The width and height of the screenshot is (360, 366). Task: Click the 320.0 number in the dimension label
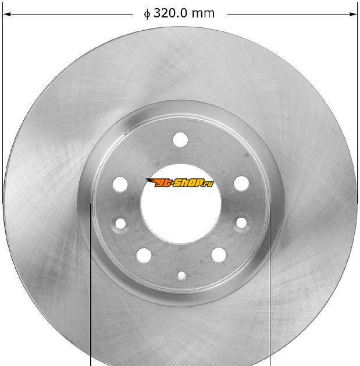click(170, 13)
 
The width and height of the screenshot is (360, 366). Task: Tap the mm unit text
click(203, 14)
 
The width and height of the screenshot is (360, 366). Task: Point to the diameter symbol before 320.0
click(147, 14)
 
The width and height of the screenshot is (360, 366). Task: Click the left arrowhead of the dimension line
click(7, 15)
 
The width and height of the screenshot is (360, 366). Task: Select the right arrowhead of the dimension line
click(353, 15)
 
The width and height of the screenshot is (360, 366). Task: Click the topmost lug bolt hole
click(180, 139)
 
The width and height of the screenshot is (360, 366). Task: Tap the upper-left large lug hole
click(120, 184)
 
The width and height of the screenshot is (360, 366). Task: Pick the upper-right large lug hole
click(241, 183)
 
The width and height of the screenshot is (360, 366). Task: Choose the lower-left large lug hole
click(144, 255)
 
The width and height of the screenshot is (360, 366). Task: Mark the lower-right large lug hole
click(219, 254)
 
